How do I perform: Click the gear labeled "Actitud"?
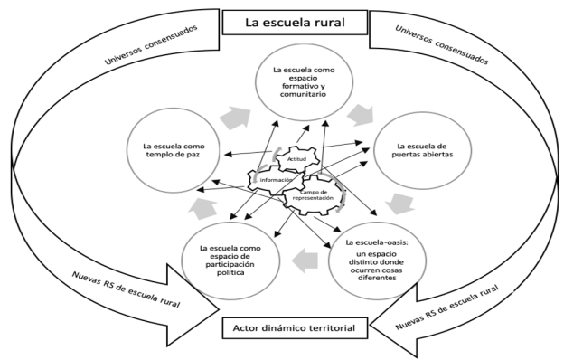(293, 158)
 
